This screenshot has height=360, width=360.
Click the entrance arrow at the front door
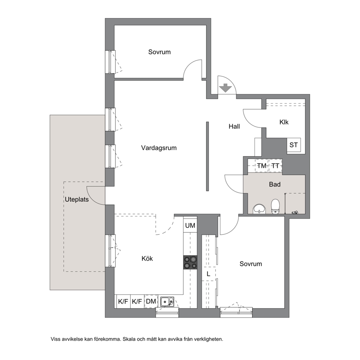(x=225, y=88)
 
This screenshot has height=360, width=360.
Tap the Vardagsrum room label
(x=159, y=148)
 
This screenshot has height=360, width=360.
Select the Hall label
(x=234, y=127)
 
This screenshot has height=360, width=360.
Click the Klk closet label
(x=284, y=122)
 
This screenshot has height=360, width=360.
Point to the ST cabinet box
(x=294, y=145)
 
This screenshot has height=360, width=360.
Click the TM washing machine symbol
(x=262, y=165)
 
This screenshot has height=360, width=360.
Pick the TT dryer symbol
(x=275, y=165)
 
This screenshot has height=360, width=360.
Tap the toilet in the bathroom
(x=275, y=206)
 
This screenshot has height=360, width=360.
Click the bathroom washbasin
(x=259, y=209)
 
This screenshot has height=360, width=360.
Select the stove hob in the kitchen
(x=190, y=262)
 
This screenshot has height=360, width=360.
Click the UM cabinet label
(x=190, y=226)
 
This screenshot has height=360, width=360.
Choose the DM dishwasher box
(x=151, y=301)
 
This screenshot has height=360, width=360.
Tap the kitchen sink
(x=167, y=302)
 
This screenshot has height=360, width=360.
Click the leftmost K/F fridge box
(x=123, y=301)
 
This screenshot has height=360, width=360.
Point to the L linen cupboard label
(x=208, y=274)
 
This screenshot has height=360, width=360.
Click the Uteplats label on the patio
(x=77, y=200)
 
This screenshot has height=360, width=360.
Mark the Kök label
(x=147, y=259)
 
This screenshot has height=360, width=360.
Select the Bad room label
(x=275, y=184)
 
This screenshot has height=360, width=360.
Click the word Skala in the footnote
(x=129, y=339)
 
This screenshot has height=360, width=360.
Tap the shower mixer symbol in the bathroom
(x=295, y=213)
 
